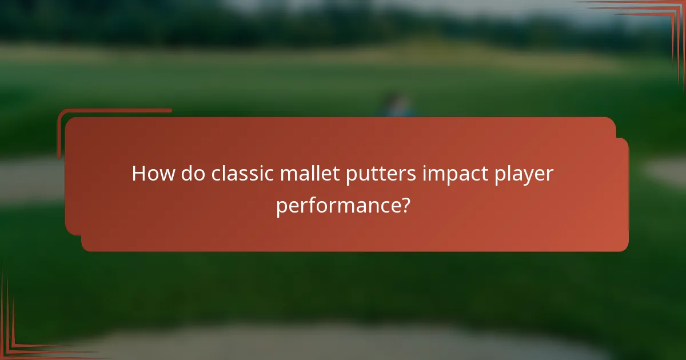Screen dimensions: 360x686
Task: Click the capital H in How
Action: [138, 174]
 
